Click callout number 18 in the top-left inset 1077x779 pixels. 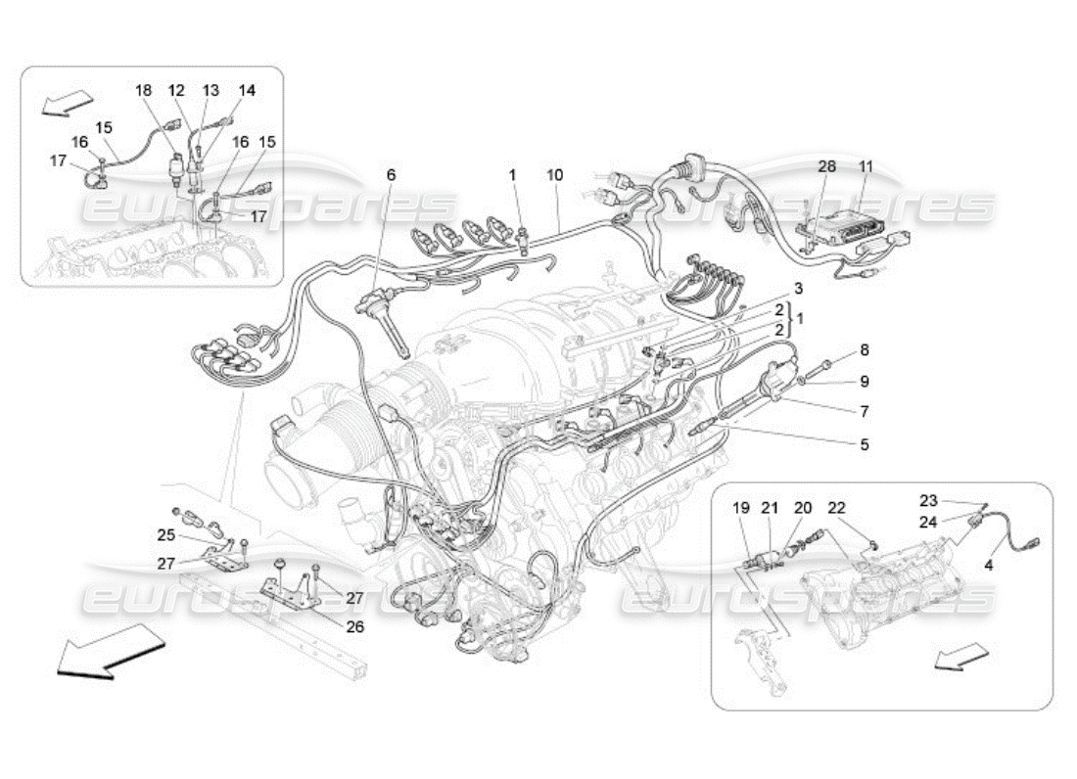coord(144,90)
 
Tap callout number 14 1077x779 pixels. coord(247,90)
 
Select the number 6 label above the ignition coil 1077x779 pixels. coord(391,175)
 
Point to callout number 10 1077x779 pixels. coord(555,175)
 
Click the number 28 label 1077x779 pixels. coord(828,167)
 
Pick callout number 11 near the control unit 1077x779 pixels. coord(866,167)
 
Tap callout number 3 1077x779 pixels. coord(798,288)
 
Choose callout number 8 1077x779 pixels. coord(864,349)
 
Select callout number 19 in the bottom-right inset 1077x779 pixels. coord(741,508)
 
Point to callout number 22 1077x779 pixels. coord(836,508)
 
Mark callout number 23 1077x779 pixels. coord(928,499)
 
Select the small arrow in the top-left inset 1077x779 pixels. coord(68,101)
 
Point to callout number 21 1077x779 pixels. coord(771,508)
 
